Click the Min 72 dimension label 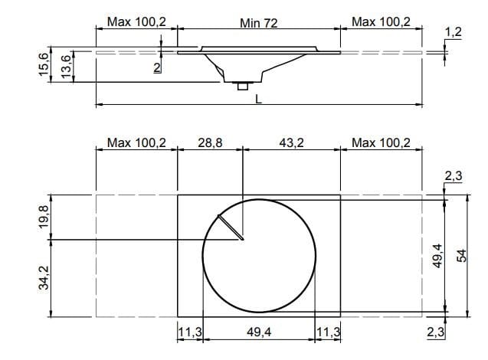258,23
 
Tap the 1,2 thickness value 453,31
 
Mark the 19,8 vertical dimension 44,218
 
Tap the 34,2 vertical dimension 44,277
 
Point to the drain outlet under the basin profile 242,86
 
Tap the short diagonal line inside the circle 231,227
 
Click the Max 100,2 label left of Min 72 136,22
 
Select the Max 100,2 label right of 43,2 381,142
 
